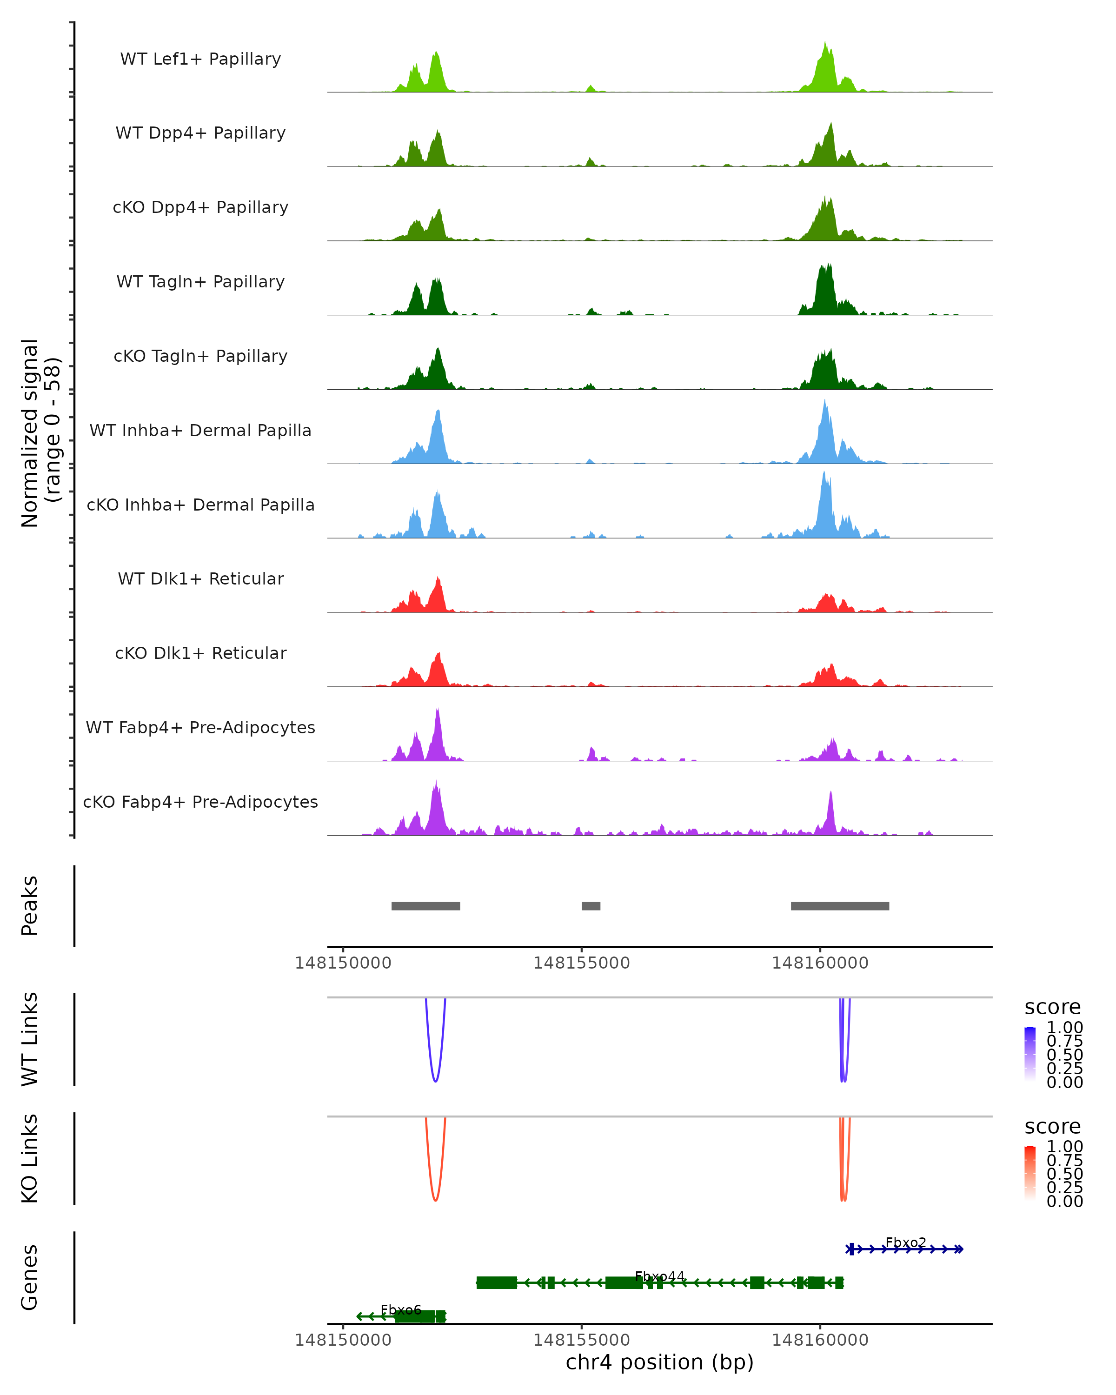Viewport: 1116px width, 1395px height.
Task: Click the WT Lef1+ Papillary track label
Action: coord(200,59)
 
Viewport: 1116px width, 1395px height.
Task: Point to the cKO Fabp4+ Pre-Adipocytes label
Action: coord(200,802)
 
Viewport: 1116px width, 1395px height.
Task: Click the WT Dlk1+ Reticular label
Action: coord(200,578)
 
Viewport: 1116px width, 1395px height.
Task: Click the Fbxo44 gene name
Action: coord(659,1276)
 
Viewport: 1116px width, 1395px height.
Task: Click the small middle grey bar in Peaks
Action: coord(591,906)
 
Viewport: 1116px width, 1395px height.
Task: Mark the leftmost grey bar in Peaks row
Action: coord(425,906)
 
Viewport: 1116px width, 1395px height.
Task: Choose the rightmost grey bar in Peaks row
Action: coord(840,906)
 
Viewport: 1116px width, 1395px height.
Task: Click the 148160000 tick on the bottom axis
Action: coord(820,1340)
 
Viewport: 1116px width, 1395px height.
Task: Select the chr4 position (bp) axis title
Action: coord(659,1362)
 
